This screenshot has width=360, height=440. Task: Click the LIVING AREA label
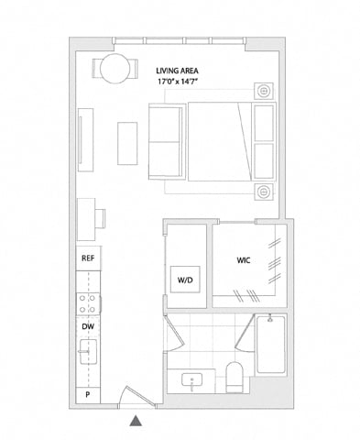click(x=177, y=71)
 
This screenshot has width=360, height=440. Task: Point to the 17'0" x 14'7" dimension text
click(x=176, y=82)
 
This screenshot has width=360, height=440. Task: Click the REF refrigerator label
click(x=88, y=258)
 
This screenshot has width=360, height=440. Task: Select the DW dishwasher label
click(x=88, y=326)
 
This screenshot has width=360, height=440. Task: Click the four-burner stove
click(x=88, y=303)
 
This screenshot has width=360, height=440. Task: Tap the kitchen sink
click(x=88, y=352)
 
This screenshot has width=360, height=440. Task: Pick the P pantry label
click(x=88, y=394)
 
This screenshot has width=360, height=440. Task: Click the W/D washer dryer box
click(x=185, y=280)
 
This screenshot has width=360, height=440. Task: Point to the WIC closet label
click(x=244, y=260)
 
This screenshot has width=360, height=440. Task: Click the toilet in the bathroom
click(x=235, y=378)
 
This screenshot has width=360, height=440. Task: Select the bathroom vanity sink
click(x=191, y=380)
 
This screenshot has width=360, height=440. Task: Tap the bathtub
click(x=271, y=345)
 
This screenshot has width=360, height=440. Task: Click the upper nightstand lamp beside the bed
click(x=263, y=91)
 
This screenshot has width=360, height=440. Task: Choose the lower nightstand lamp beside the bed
click(x=263, y=192)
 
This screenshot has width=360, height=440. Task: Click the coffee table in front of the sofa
click(x=127, y=144)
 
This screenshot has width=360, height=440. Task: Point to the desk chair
click(x=100, y=218)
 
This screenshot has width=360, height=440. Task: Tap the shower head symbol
click(x=270, y=318)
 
